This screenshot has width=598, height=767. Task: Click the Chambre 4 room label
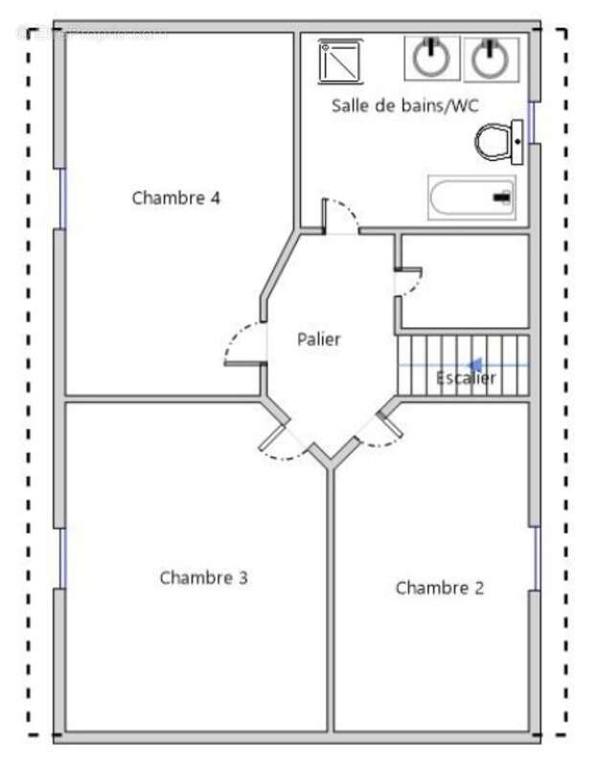coord(176,198)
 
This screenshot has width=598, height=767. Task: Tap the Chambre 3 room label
coord(203,577)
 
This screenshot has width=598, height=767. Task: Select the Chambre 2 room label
coord(440,588)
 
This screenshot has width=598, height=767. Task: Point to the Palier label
coord(318,338)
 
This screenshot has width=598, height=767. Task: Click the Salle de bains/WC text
coord(404,105)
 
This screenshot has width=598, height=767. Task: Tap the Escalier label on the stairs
coord(466,378)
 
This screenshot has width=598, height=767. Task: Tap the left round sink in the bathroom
coord(431,58)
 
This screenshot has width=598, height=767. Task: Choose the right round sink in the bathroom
coord(491,58)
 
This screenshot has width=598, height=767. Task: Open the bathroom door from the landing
coord(340,216)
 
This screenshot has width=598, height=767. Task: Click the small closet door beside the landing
coord(408,282)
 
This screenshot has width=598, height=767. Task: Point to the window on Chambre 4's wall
coord(63,198)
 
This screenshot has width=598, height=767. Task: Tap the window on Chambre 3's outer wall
coord(61,558)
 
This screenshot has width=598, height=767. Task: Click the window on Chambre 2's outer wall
coord(536,557)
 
